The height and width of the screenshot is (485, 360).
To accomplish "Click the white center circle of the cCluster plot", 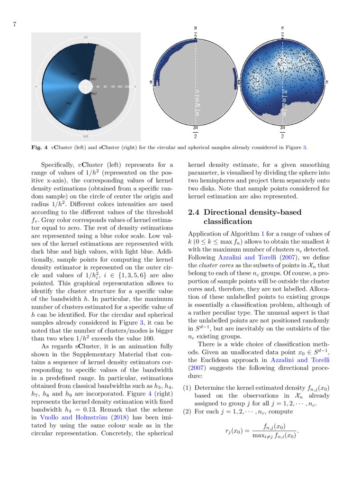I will [x=85, y=87].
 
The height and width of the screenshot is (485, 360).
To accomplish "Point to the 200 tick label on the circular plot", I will [x=127, y=87].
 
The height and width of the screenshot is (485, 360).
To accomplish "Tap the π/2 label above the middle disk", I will [x=196, y=33].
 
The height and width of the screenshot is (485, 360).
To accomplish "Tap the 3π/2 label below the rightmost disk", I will [x=282, y=132].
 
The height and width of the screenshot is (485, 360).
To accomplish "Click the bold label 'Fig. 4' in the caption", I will [x=39, y=148].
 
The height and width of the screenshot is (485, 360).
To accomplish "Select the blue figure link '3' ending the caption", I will [x=305, y=148].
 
